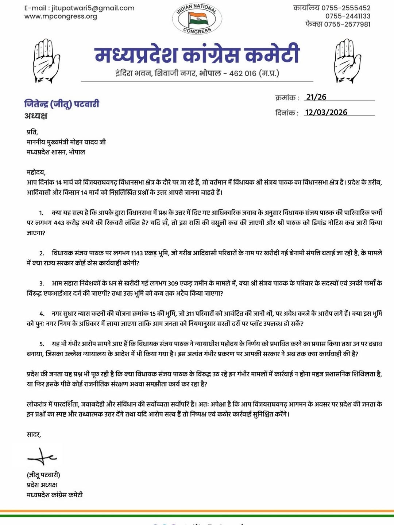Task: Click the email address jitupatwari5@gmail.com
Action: pos(93,8)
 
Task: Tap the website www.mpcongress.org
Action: pos(61,16)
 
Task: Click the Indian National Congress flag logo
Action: pos(197,19)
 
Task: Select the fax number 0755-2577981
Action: pos(347,24)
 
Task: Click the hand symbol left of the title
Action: pos(46,61)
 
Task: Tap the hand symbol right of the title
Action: pos(347,61)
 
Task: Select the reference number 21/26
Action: pos(316,97)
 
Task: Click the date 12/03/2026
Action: pos(326,112)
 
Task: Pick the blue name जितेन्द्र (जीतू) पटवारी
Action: pos(62,104)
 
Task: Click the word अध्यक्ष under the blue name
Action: pos(36,116)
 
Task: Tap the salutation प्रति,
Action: pos(32,132)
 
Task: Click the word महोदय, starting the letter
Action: pos(36,172)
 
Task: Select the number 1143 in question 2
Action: pos(137,253)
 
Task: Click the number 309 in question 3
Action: pos(173,283)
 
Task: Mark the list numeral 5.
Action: pos(42,344)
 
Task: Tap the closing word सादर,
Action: pos(34,435)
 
